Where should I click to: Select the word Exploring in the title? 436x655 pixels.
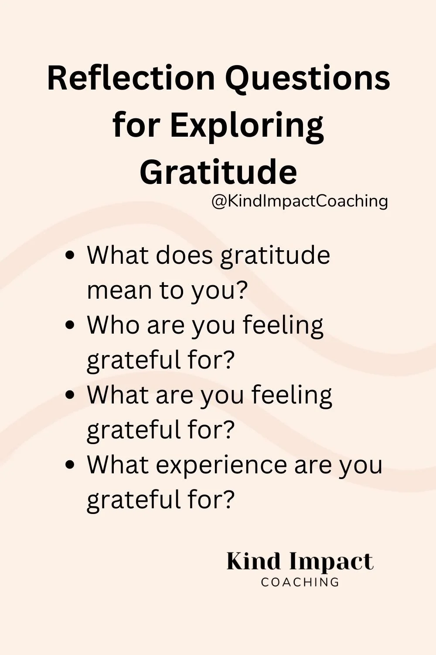pyautogui.click(x=247, y=126)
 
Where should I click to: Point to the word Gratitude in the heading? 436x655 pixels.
pyautogui.click(x=218, y=172)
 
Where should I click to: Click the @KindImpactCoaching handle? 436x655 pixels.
pyautogui.click(x=300, y=201)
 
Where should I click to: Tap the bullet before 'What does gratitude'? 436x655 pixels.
pyautogui.click(x=70, y=255)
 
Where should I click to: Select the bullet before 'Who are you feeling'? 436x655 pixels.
pyautogui.click(x=70, y=325)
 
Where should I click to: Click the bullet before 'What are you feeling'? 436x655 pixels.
pyautogui.click(x=70, y=395)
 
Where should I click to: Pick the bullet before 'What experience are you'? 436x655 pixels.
pyautogui.click(x=70, y=465)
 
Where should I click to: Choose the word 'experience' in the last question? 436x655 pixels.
pyautogui.click(x=221, y=465)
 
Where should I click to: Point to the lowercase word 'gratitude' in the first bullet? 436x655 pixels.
pyautogui.click(x=275, y=256)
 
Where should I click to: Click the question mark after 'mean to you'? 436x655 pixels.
pyautogui.click(x=240, y=290)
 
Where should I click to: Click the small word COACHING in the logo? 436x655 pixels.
pyautogui.click(x=300, y=582)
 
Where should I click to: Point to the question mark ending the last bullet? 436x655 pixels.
pyautogui.click(x=228, y=500)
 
